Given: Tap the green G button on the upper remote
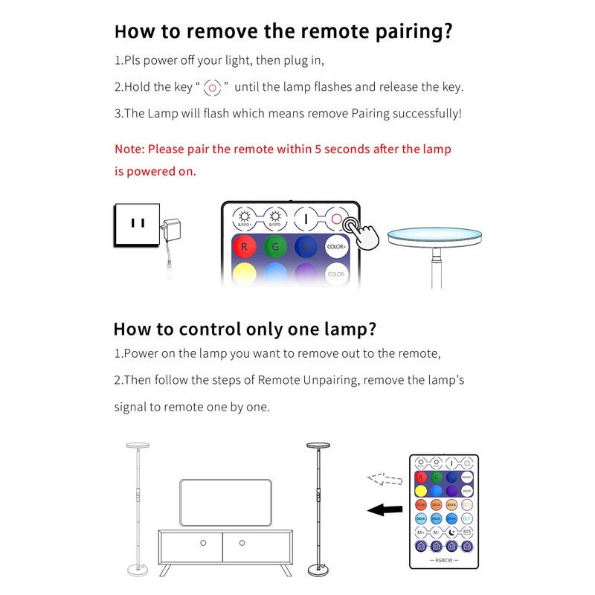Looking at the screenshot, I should tap(275, 246).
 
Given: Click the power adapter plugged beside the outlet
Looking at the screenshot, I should tap(173, 232).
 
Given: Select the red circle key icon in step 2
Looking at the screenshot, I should tap(213, 87).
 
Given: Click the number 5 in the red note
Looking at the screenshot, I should tap(318, 149).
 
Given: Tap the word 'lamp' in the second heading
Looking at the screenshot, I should tap(339, 329).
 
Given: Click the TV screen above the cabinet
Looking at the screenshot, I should tap(225, 503).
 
